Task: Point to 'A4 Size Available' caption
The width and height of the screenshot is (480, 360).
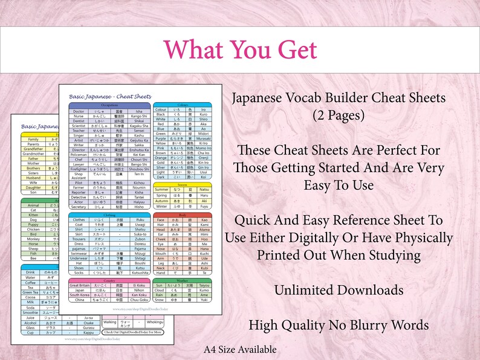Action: (239, 349)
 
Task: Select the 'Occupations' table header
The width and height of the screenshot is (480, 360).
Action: (110, 104)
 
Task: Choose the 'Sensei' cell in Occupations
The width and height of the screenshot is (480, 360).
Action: (138, 130)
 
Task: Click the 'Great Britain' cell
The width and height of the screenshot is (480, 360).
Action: (80, 285)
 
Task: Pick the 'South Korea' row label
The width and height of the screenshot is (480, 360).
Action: (80, 295)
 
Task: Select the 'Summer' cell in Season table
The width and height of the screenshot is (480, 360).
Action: (161, 189)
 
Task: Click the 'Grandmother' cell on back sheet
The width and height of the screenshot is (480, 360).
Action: (33, 153)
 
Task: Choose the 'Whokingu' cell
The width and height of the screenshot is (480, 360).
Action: (138, 323)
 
